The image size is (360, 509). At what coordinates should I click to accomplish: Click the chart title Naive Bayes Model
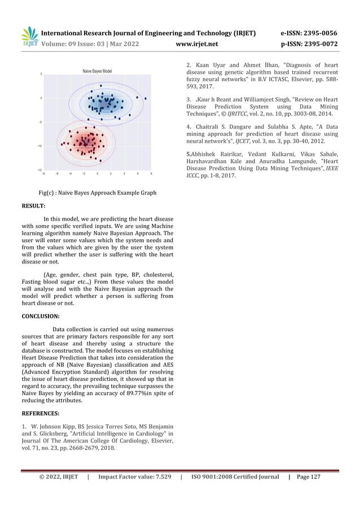(x=97, y=71)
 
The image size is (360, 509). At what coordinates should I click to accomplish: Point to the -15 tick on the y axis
(x=39, y=169)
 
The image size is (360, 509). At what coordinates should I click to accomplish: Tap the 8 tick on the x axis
(x=150, y=173)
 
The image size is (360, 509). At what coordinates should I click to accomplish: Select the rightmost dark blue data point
(x=145, y=98)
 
